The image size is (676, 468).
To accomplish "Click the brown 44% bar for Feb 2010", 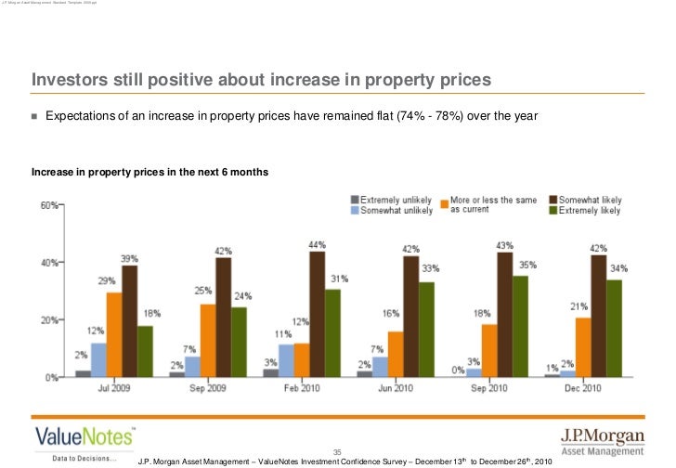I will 318,314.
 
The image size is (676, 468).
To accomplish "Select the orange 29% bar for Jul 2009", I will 114,334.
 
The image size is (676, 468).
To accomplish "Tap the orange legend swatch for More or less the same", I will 444,201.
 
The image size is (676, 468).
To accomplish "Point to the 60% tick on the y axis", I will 49,205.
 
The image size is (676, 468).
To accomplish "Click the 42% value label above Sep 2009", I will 223,251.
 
